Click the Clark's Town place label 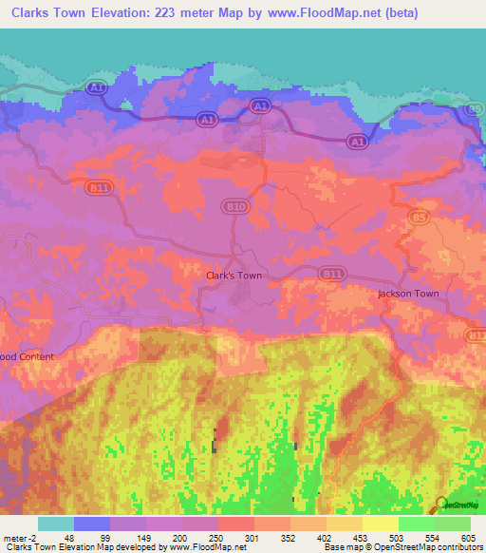[234, 276]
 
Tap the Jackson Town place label [408, 294]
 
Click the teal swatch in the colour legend [56, 524]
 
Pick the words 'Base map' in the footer [341, 547]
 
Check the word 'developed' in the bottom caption [136, 547]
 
